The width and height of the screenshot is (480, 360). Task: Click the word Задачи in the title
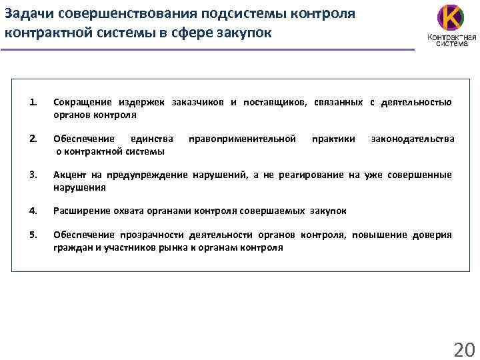(27, 13)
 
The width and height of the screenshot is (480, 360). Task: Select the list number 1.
(33, 102)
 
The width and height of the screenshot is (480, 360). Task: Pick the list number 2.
(33, 139)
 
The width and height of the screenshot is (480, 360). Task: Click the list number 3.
(33, 175)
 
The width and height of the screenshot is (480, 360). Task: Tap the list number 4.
(33, 211)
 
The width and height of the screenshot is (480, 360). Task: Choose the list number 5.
(33, 235)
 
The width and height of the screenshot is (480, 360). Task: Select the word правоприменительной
(242, 139)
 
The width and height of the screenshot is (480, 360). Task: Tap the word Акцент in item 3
(69, 175)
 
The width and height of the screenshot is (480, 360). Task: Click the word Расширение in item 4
(81, 211)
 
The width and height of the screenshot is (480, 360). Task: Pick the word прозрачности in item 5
(151, 235)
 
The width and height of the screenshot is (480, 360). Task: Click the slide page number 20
(462, 348)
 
